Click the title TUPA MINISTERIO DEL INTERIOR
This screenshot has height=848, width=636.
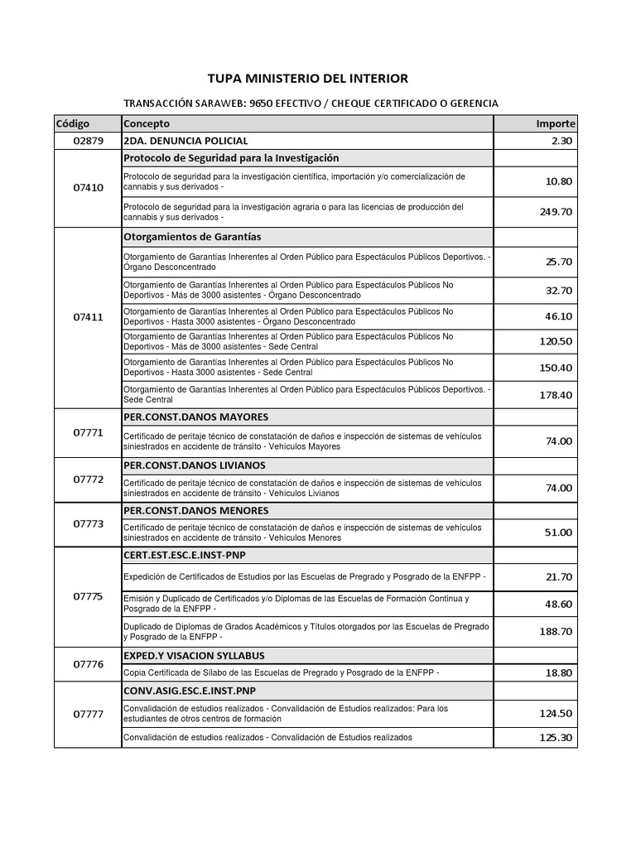point(307,79)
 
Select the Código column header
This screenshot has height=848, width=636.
point(73,123)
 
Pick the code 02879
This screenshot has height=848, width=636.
point(88,141)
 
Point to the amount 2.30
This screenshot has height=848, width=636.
point(561,141)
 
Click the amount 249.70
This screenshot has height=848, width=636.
point(556,212)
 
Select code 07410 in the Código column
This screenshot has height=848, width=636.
point(88,188)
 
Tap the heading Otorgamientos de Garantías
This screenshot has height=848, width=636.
point(191,237)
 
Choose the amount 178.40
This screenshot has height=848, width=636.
point(556,395)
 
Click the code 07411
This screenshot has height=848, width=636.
point(88,317)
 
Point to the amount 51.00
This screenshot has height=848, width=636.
point(558,532)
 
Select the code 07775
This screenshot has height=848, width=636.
point(88,597)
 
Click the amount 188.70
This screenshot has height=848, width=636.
point(556,631)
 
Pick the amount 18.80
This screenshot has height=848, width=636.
point(558,673)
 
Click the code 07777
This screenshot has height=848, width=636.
point(88,715)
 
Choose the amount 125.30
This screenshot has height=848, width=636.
point(556,738)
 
